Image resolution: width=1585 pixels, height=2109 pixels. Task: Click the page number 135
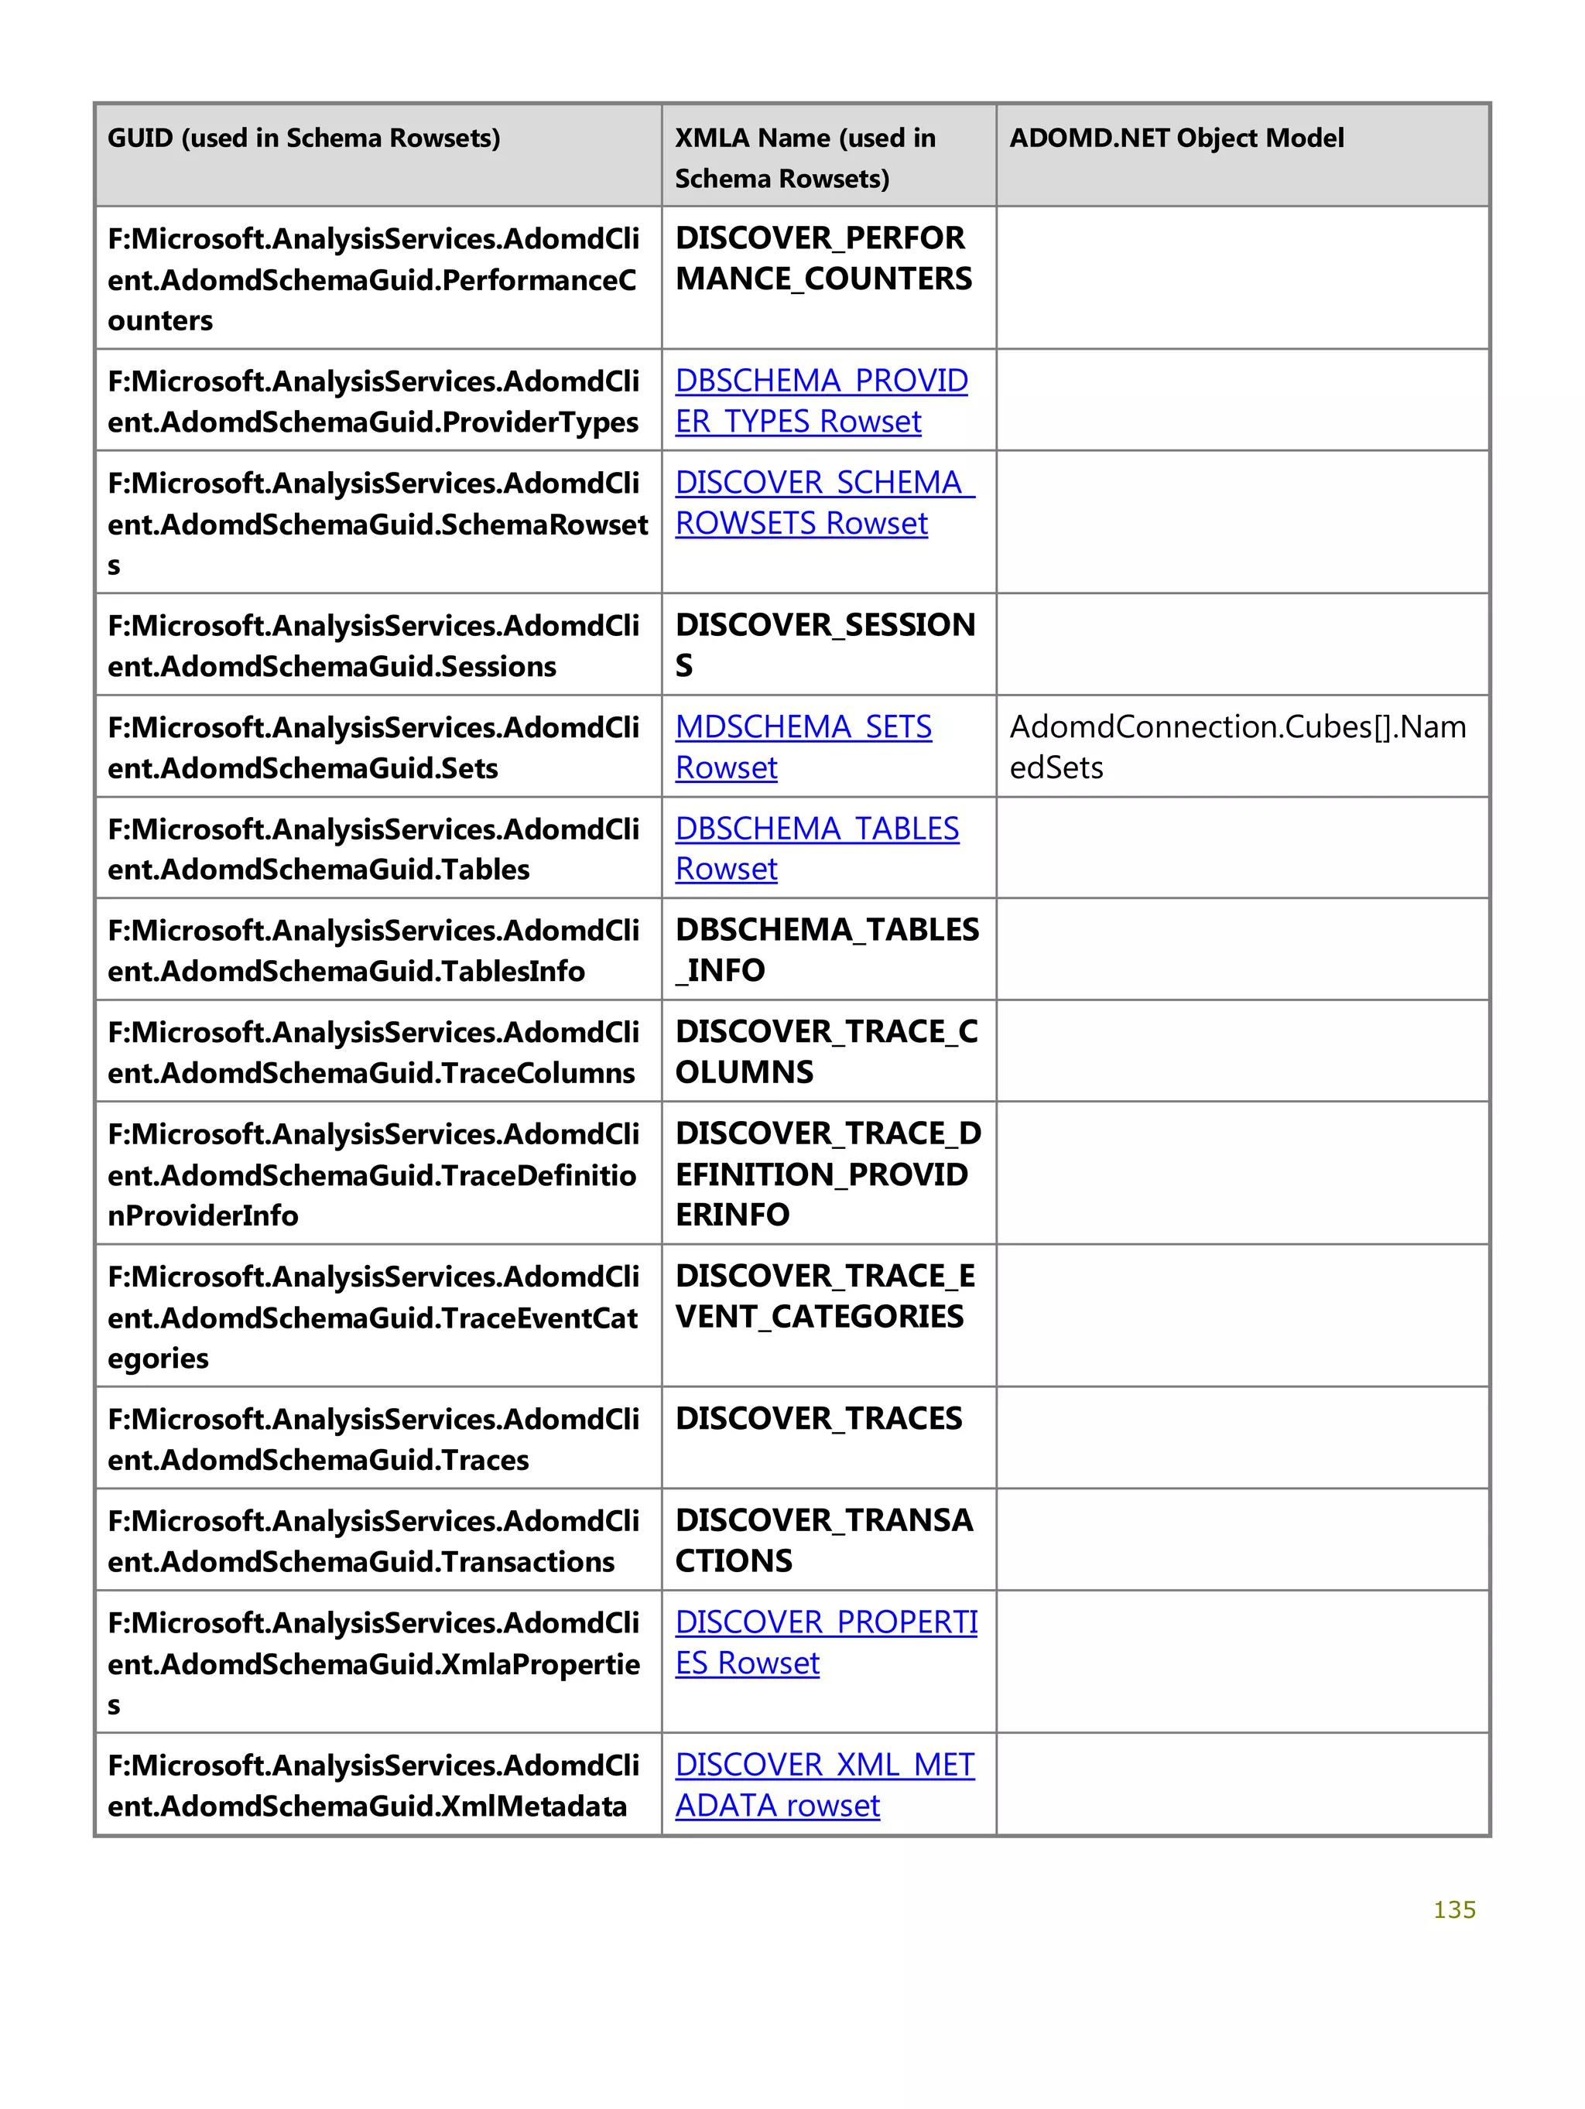1453,1909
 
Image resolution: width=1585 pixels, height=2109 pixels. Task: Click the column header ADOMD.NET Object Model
1176,138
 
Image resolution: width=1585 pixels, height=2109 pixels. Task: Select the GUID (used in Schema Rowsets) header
303,138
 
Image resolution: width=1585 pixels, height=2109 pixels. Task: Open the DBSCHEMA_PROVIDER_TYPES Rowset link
820,381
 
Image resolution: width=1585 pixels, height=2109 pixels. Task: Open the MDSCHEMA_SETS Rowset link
803,727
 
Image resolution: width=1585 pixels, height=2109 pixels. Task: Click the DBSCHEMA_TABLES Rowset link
816,829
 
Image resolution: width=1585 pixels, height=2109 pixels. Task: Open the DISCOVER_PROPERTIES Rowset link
825,1622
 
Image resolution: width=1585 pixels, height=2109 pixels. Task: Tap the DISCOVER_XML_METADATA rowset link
824,1765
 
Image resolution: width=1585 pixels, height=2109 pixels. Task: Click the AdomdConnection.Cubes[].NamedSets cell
1237,747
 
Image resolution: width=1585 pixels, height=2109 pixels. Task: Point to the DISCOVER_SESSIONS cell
824,644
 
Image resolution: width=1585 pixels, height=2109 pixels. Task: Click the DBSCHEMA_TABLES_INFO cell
826,949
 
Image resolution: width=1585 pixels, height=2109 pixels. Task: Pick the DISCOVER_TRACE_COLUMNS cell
826,1051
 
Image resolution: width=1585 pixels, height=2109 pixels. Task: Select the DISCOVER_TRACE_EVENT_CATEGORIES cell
824,1297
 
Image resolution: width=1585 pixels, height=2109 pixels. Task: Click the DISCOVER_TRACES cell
818,1419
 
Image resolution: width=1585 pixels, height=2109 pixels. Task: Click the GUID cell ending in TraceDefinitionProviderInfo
372,1174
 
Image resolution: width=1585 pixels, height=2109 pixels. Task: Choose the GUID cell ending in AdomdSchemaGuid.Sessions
372,645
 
